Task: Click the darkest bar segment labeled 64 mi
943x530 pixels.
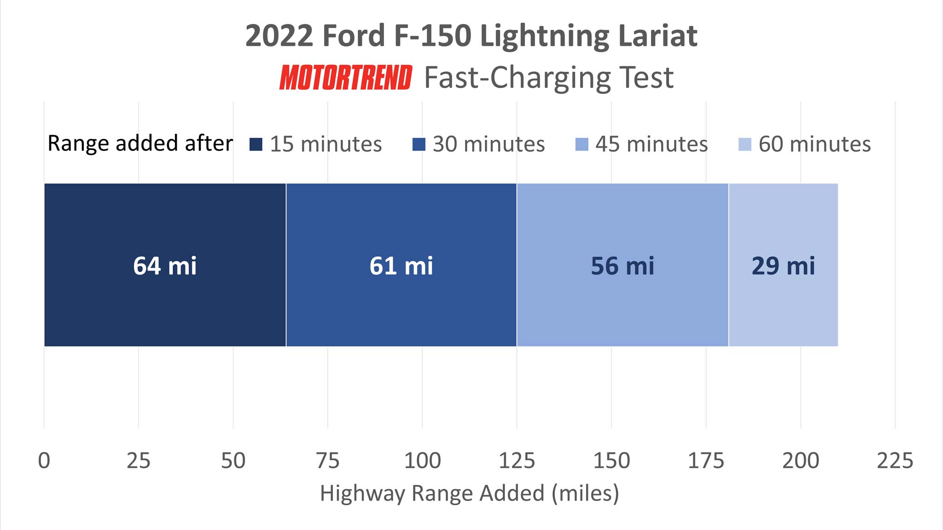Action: (x=165, y=265)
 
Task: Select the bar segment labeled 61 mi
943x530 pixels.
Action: (x=401, y=265)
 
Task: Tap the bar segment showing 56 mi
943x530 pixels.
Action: (x=623, y=265)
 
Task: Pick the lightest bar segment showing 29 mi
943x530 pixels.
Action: (x=783, y=265)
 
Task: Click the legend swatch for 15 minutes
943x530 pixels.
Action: (x=256, y=144)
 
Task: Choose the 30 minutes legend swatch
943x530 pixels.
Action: (x=419, y=144)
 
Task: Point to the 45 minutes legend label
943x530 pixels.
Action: (x=651, y=144)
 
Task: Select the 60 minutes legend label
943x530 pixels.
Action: (x=814, y=144)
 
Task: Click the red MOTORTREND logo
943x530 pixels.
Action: (x=346, y=77)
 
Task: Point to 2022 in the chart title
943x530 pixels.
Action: (x=279, y=35)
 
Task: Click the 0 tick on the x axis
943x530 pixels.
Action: (x=44, y=461)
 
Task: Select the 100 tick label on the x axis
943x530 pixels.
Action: (x=422, y=461)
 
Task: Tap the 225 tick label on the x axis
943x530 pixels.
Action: (x=895, y=461)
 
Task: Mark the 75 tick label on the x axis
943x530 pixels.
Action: (x=328, y=461)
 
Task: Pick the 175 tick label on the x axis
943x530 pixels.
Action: (x=706, y=461)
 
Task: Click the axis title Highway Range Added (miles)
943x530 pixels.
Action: (x=469, y=493)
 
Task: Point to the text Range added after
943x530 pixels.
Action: (x=140, y=144)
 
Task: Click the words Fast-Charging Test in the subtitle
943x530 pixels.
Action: (x=548, y=77)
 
